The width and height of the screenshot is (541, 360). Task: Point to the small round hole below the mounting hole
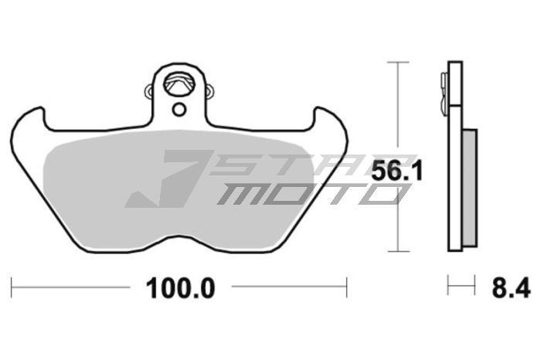(179, 109)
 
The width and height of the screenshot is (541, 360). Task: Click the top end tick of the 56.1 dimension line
(397, 62)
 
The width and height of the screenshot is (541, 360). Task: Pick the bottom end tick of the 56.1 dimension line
(397, 251)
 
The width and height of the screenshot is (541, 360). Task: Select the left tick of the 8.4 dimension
(448, 286)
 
